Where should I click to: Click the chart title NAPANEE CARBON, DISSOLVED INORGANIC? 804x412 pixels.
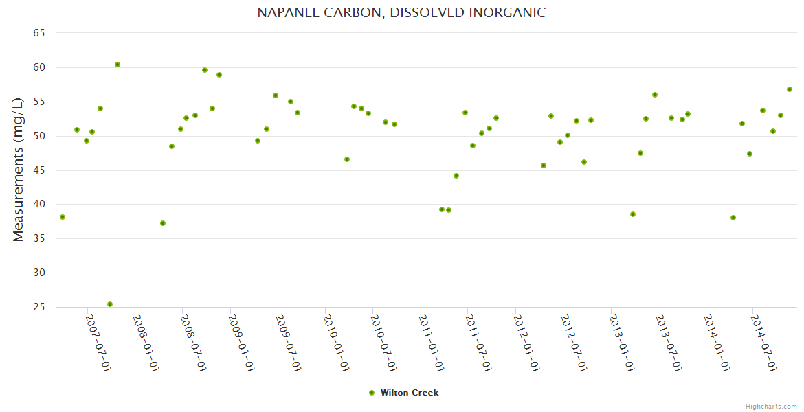pyautogui.click(x=401, y=12)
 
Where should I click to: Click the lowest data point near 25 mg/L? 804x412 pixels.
pyautogui.click(x=110, y=304)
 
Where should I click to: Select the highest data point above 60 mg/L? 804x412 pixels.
pyautogui.click(x=118, y=65)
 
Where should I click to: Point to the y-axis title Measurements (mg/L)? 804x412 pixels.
pyautogui.click(x=19, y=169)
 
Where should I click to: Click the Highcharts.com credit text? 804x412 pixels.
pyautogui.click(x=771, y=406)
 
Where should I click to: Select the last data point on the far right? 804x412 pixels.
pyautogui.click(x=790, y=89)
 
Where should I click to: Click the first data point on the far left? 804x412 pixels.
pyautogui.click(x=63, y=217)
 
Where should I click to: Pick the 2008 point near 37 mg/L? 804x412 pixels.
pyautogui.click(x=163, y=223)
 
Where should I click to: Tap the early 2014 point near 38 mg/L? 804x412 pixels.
pyautogui.click(x=733, y=218)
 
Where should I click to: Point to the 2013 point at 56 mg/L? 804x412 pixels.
pyautogui.click(x=655, y=95)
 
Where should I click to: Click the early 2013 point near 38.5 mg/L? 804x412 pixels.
pyautogui.click(x=633, y=214)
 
